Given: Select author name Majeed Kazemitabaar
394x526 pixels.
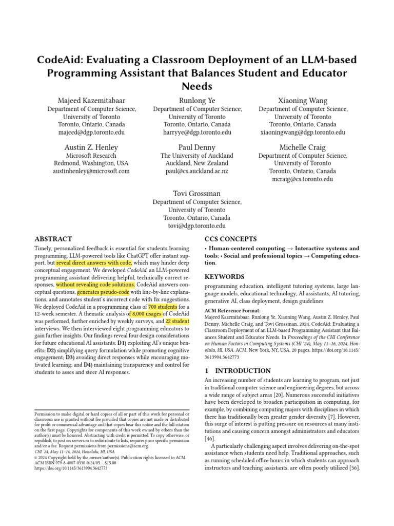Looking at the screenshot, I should tap(91, 100).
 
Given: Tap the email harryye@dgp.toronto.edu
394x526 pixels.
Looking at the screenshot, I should tap(197, 132).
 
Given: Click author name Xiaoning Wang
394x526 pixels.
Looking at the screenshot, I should tap(302, 100).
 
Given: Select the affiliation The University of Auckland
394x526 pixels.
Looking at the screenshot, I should tap(197, 156).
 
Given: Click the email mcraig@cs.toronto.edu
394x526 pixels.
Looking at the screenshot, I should tap(302, 179).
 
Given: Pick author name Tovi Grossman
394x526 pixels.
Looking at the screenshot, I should tap(197, 194).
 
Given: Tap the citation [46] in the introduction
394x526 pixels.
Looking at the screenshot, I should tap(209, 439).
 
